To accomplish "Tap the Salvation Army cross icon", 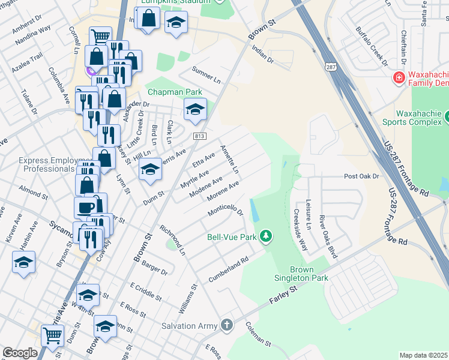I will (226, 326).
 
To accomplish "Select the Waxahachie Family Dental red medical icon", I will (397, 77).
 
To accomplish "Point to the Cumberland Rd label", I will (228, 271).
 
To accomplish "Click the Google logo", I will (19, 352).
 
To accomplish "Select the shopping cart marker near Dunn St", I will (52, 337).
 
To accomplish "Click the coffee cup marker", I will (84, 208).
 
